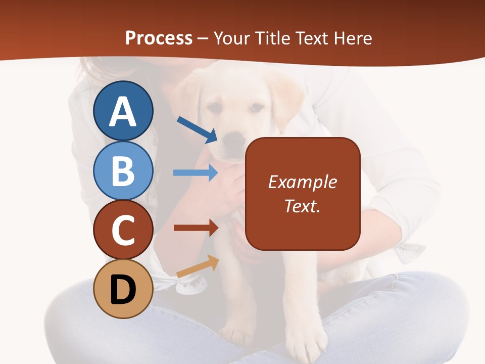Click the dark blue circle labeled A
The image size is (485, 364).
point(123,111)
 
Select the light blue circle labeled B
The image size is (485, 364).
point(123,170)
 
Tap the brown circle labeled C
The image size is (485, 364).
point(123,230)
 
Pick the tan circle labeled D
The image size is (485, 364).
point(123,289)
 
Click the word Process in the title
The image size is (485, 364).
point(159,38)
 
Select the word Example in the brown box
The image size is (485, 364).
point(303,182)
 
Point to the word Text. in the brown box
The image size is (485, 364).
point(303,206)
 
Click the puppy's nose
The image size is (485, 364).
point(234,137)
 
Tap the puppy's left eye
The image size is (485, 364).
point(216,108)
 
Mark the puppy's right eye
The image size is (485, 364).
point(256,107)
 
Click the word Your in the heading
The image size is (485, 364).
point(233,38)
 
